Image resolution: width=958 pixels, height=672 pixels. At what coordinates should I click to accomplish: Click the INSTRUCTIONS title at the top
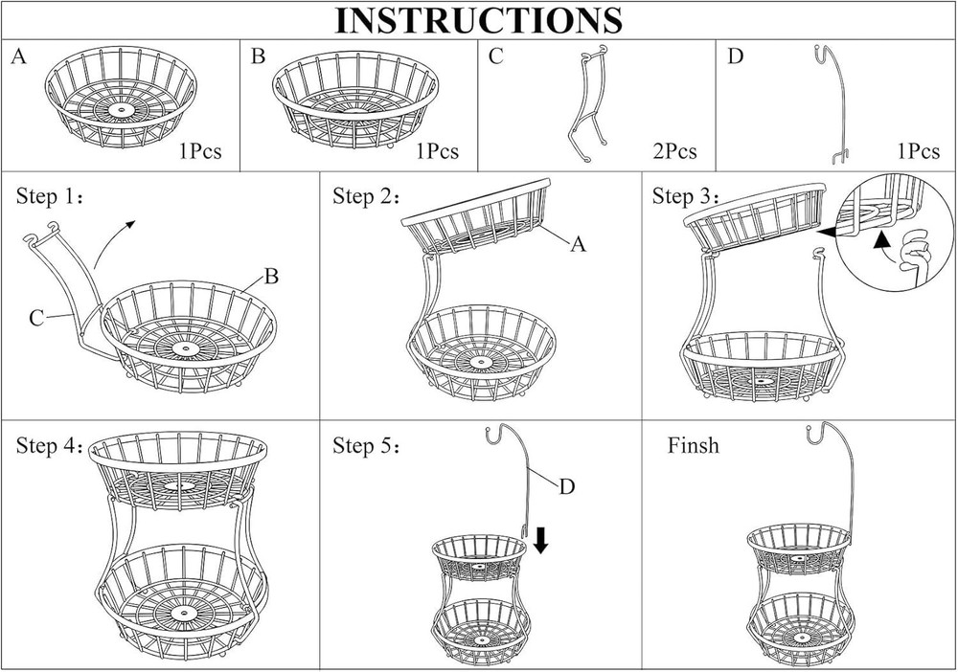pyautogui.click(x=478, y=20)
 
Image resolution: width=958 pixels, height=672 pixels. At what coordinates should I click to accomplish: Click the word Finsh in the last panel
pyautogui.click(x=693, y=446)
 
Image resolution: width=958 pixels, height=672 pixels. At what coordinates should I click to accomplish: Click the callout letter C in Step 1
pyautogui.click(x=35, y=318)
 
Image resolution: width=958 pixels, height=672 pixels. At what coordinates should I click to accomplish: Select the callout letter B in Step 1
pyautogui.click(x=271, y=278)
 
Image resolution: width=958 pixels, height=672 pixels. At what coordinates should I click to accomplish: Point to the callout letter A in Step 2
pyautogui.click(x=577, y=245)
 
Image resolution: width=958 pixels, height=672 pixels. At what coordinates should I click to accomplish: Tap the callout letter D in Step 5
pyautogui.click(x=566, y=486)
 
